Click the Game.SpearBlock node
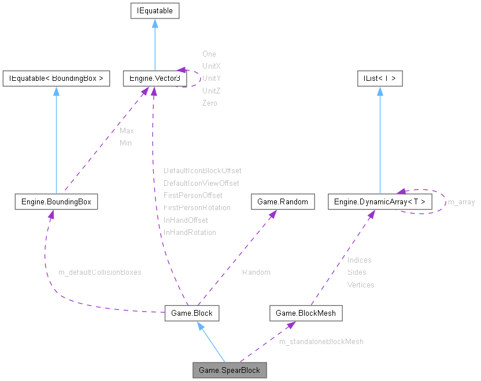[x=230, y=370]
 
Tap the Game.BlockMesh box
[x=306, y=313]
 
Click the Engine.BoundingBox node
[x=56, y=201]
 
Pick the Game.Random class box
[x=283, y=201]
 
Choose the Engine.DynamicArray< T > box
[x=379, y=201]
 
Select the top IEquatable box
[x=154, y=10]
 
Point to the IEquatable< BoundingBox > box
[x=56, y=79]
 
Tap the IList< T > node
[x=379, y=79]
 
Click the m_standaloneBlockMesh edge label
[x=321, y=342]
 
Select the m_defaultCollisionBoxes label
[x=100, y=272]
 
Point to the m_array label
[x=461, y=202]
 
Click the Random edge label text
[x=256, y=272]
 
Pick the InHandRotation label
[x=190, y=233]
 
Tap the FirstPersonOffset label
[x=193, y=196]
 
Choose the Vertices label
[x=361, y=285]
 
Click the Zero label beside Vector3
[x=209, y=103]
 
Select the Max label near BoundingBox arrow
[x=127, y=131]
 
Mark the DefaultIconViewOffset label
[x=201, y=183]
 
